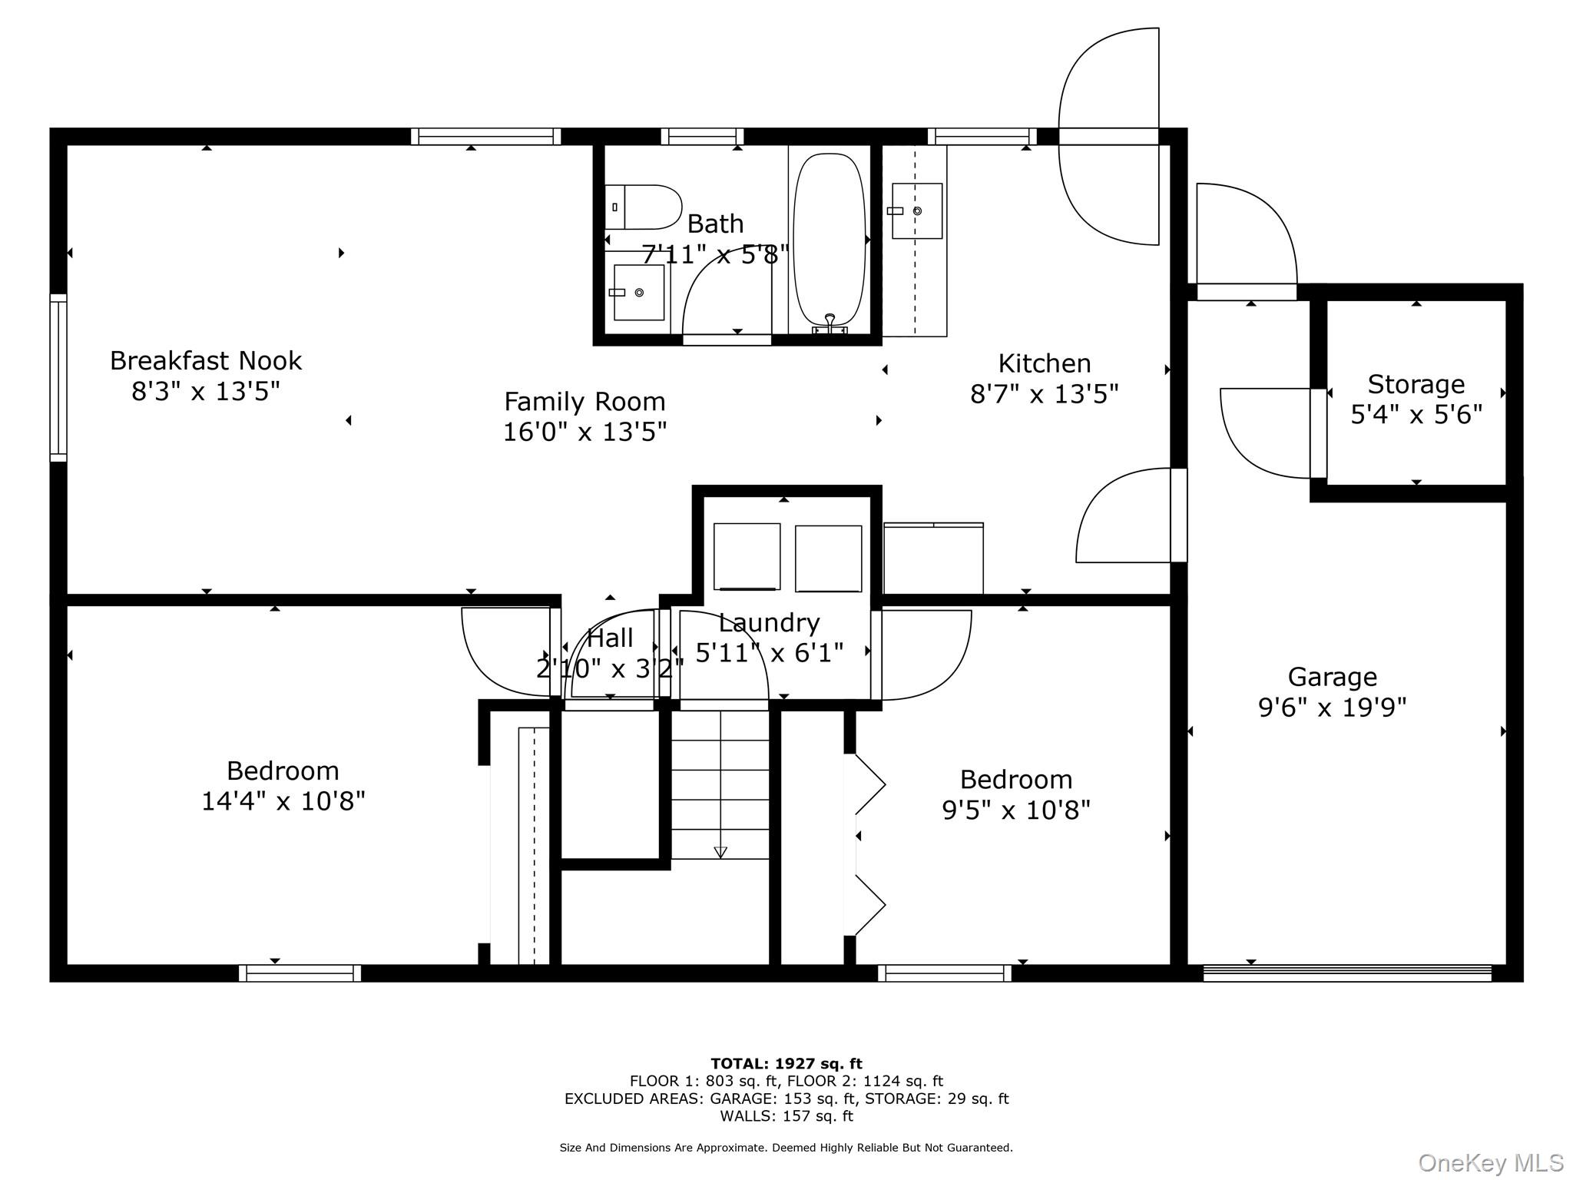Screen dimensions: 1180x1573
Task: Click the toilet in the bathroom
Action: tap(644, 207)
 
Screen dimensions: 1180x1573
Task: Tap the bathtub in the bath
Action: tap(830, 240)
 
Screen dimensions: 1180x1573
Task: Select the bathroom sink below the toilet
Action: tap(638, 292)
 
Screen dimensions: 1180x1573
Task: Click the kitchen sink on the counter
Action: tap(916, 210)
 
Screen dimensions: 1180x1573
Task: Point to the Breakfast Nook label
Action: tap(206, 360)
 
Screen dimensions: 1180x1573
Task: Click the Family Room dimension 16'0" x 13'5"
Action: tap(584, 432)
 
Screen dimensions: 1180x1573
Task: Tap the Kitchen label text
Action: tap(1044, 363)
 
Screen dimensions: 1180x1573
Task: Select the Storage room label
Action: tap(1416, 383)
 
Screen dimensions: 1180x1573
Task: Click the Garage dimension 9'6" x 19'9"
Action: tap(1332, 707)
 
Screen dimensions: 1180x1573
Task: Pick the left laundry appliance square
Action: tap(747, 556)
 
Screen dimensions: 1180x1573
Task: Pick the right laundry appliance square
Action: tap(828, 559)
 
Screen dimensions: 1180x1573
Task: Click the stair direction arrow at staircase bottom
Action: tap(720, 851)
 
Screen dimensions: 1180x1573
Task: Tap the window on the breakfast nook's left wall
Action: tap(58, 377)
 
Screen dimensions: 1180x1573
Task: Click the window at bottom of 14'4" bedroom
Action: tap(300, 973)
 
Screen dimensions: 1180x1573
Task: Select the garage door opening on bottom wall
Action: tap(1346, 973)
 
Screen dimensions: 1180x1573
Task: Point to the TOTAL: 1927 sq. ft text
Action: tap(786, 1063)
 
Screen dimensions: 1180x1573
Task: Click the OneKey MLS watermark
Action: tap(1490, 1162)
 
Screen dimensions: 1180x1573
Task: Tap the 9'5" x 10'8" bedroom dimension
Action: tap(1015, 810)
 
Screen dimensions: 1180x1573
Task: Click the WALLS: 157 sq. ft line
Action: tap(786, 1115)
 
